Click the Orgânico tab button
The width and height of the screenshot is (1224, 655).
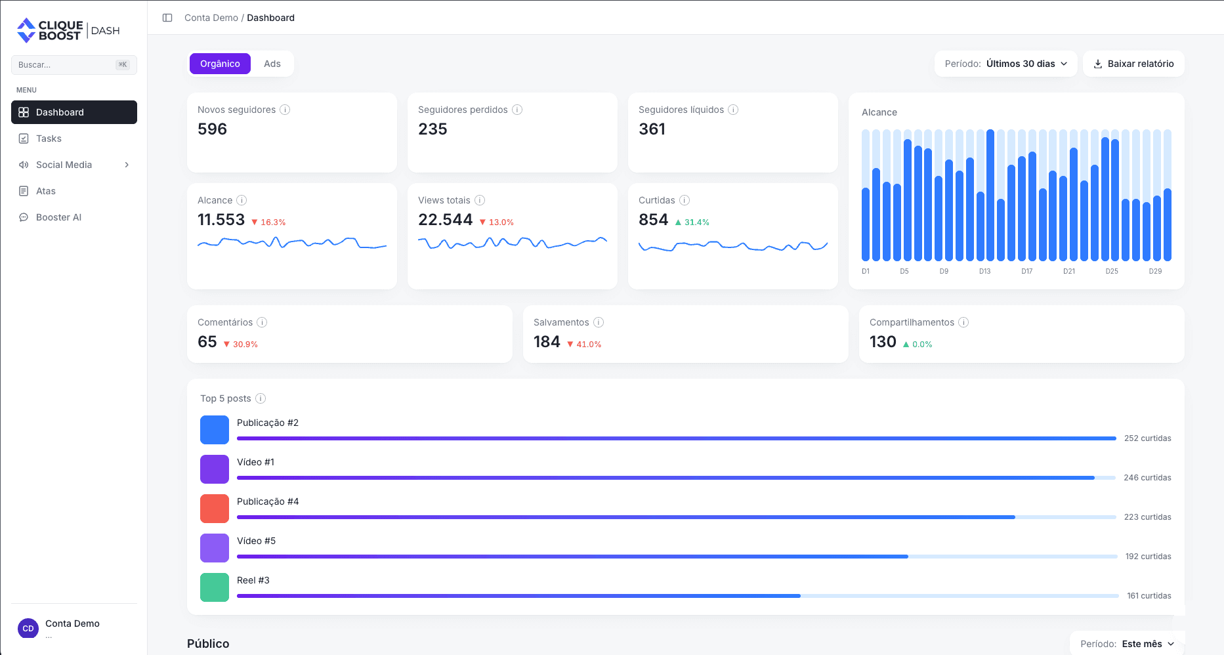(220, 64)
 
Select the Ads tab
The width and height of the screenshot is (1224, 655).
(272, 64)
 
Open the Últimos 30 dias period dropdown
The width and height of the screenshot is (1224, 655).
(1005, 64)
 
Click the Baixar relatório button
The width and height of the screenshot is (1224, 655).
(1133, 64)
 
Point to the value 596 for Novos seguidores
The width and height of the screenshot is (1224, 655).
(212, 129)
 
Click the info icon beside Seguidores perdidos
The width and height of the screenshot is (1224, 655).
(517, 110)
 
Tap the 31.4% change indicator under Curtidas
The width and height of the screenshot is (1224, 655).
(692, 222)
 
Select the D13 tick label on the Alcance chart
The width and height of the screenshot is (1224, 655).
(984, 271)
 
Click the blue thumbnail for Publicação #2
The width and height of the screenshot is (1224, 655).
(215, 430)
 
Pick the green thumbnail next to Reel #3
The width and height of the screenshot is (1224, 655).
(215, 587)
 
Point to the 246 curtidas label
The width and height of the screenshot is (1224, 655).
(1147, 478)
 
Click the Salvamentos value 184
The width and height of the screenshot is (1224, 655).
(547, 342)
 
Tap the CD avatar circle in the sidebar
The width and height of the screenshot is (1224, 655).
(28, 628)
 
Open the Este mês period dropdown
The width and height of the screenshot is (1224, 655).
(1128, 644)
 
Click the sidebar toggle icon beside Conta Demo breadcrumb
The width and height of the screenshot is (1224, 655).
(167, 18)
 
